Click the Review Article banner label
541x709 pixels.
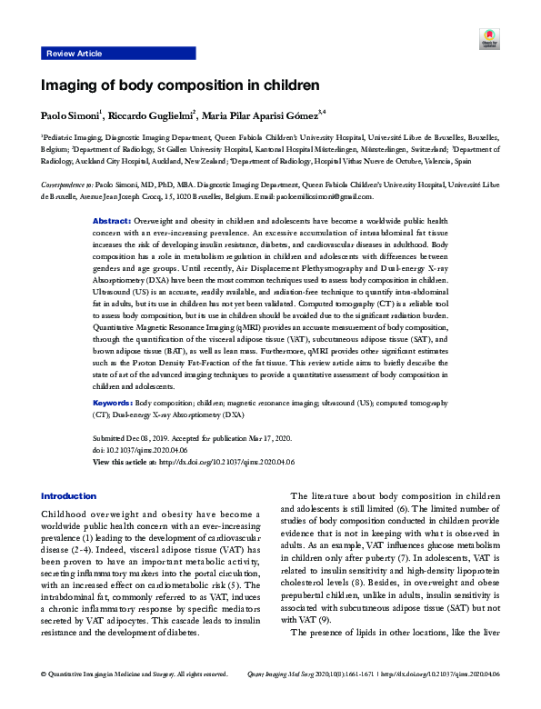pyautogui.click(x=74, y=54)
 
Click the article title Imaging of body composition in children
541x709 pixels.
pyautogui.click(x=180, y=85)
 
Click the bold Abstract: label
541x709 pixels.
pyautogui.click(x=113, y=221)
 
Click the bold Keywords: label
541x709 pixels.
pyautogui.click(x=114, y=402)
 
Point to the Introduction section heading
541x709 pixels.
pyautogui.click(x=68, y=495)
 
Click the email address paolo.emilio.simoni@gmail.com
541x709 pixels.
pyautogui.click(x=318, y=195)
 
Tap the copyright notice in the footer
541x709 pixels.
pyautogui.click(x=135, y=699)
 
